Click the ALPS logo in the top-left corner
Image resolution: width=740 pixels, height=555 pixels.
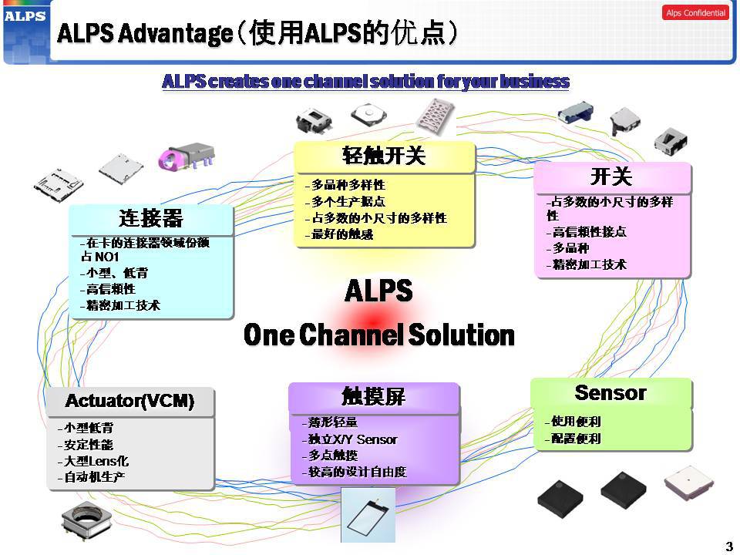tap(25, 16)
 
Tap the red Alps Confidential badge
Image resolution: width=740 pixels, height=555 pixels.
tap(695, 13)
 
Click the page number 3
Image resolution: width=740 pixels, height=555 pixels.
tap(728, 547)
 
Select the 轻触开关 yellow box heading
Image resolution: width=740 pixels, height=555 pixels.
tap(384, 156)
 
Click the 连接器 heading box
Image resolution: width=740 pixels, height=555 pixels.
tap(151, 219)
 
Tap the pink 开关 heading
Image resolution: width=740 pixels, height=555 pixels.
tap(611, 177)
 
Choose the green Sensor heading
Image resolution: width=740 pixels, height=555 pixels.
tap(610, 393)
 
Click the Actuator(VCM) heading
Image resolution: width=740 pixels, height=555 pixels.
tap(129, 401)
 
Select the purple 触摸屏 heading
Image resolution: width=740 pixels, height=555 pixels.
tap(373, 397)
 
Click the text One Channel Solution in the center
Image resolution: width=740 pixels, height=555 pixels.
tap(378, 335)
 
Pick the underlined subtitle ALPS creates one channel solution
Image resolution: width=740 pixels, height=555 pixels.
tap(365, 82)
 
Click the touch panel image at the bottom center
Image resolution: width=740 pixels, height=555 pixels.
tap(368, 514)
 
